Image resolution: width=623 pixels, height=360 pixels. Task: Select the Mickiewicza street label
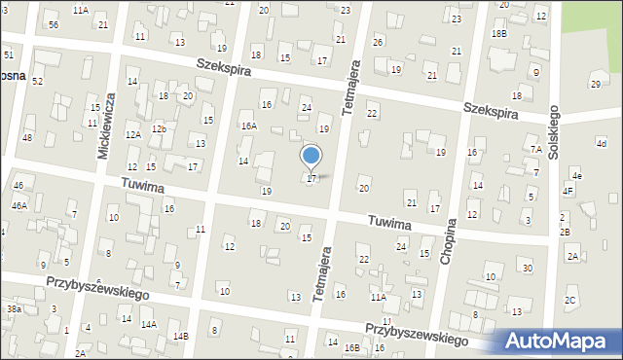(109, 115)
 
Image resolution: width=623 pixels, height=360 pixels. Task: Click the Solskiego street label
(555, 131)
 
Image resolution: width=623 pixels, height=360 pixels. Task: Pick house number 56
(54, 24)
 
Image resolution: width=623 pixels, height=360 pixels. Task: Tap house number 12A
(132, 135)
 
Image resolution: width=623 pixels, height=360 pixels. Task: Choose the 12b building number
(159, 129)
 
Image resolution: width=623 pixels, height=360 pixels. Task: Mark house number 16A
(249, 126)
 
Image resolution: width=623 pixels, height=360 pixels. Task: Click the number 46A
(19, 206)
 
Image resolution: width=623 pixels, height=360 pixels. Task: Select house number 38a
(14, 308)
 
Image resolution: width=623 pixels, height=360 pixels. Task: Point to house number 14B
(180, 336)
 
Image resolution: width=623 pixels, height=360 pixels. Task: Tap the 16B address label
(351, 347)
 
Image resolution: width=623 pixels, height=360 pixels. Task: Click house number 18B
(499, 33)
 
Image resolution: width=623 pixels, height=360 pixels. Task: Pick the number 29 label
(596, 85)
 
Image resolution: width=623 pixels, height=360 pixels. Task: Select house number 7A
(535, 149)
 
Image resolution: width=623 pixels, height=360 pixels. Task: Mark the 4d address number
(602, 144)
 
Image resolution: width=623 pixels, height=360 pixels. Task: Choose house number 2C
(570, 300)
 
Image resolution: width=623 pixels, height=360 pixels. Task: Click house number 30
(528, 268)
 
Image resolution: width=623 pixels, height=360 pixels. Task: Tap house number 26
(378, 42)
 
